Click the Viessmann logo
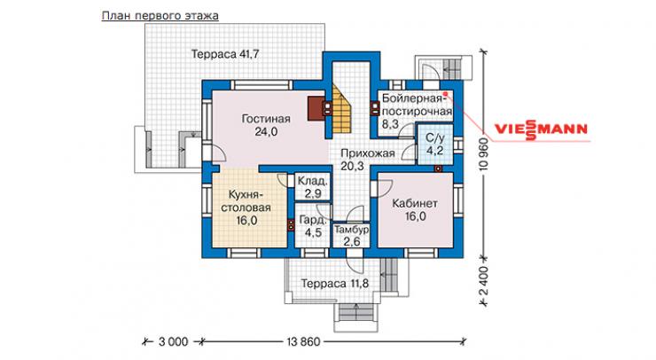pos(542,129)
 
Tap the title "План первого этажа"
pos(160,16)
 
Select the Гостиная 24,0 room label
pos(266,125)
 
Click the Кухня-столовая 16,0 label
pos(246,207)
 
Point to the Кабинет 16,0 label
pos(415,210)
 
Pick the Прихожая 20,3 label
pos(368,160)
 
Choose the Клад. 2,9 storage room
pos(312,187)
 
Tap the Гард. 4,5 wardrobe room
pos(313,226)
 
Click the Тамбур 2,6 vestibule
pos(351,235)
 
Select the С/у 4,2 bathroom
pos(435,145)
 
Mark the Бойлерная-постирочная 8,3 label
pos(417,112)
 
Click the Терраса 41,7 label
pos(225,54)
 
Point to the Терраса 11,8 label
pos(335,284)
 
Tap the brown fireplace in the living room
pos(316,109)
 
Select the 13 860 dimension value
pos(303,342)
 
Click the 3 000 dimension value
pos(173,342)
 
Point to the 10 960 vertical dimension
pos(484,153)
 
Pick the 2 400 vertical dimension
pos(484,280)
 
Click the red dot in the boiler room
pos(446,94)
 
